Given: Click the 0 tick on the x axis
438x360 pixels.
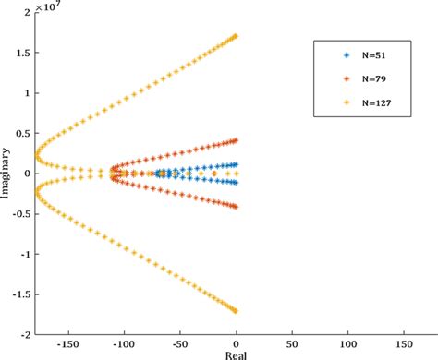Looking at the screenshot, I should point(237,342).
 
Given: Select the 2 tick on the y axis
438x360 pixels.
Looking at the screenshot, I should point(28,13).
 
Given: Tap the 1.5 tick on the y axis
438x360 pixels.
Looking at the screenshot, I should point(25,53).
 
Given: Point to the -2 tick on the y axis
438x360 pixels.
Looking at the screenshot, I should point(26,334).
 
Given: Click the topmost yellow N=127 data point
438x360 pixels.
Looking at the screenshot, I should point(236,36).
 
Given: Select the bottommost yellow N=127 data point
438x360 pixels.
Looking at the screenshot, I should point(236,311).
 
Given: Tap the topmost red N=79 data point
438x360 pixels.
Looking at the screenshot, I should point(236,140).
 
